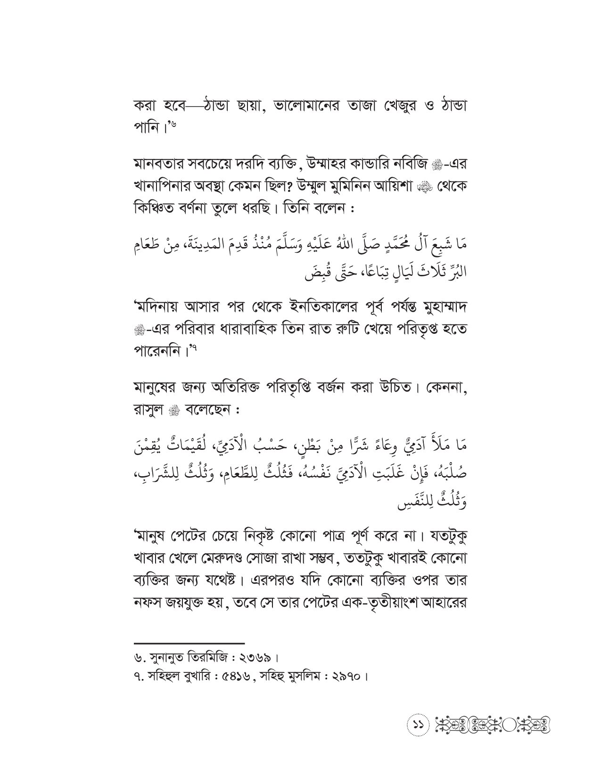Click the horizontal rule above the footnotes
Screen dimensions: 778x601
[x=189, y=643]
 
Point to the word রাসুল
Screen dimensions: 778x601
[x=148, y=409]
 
